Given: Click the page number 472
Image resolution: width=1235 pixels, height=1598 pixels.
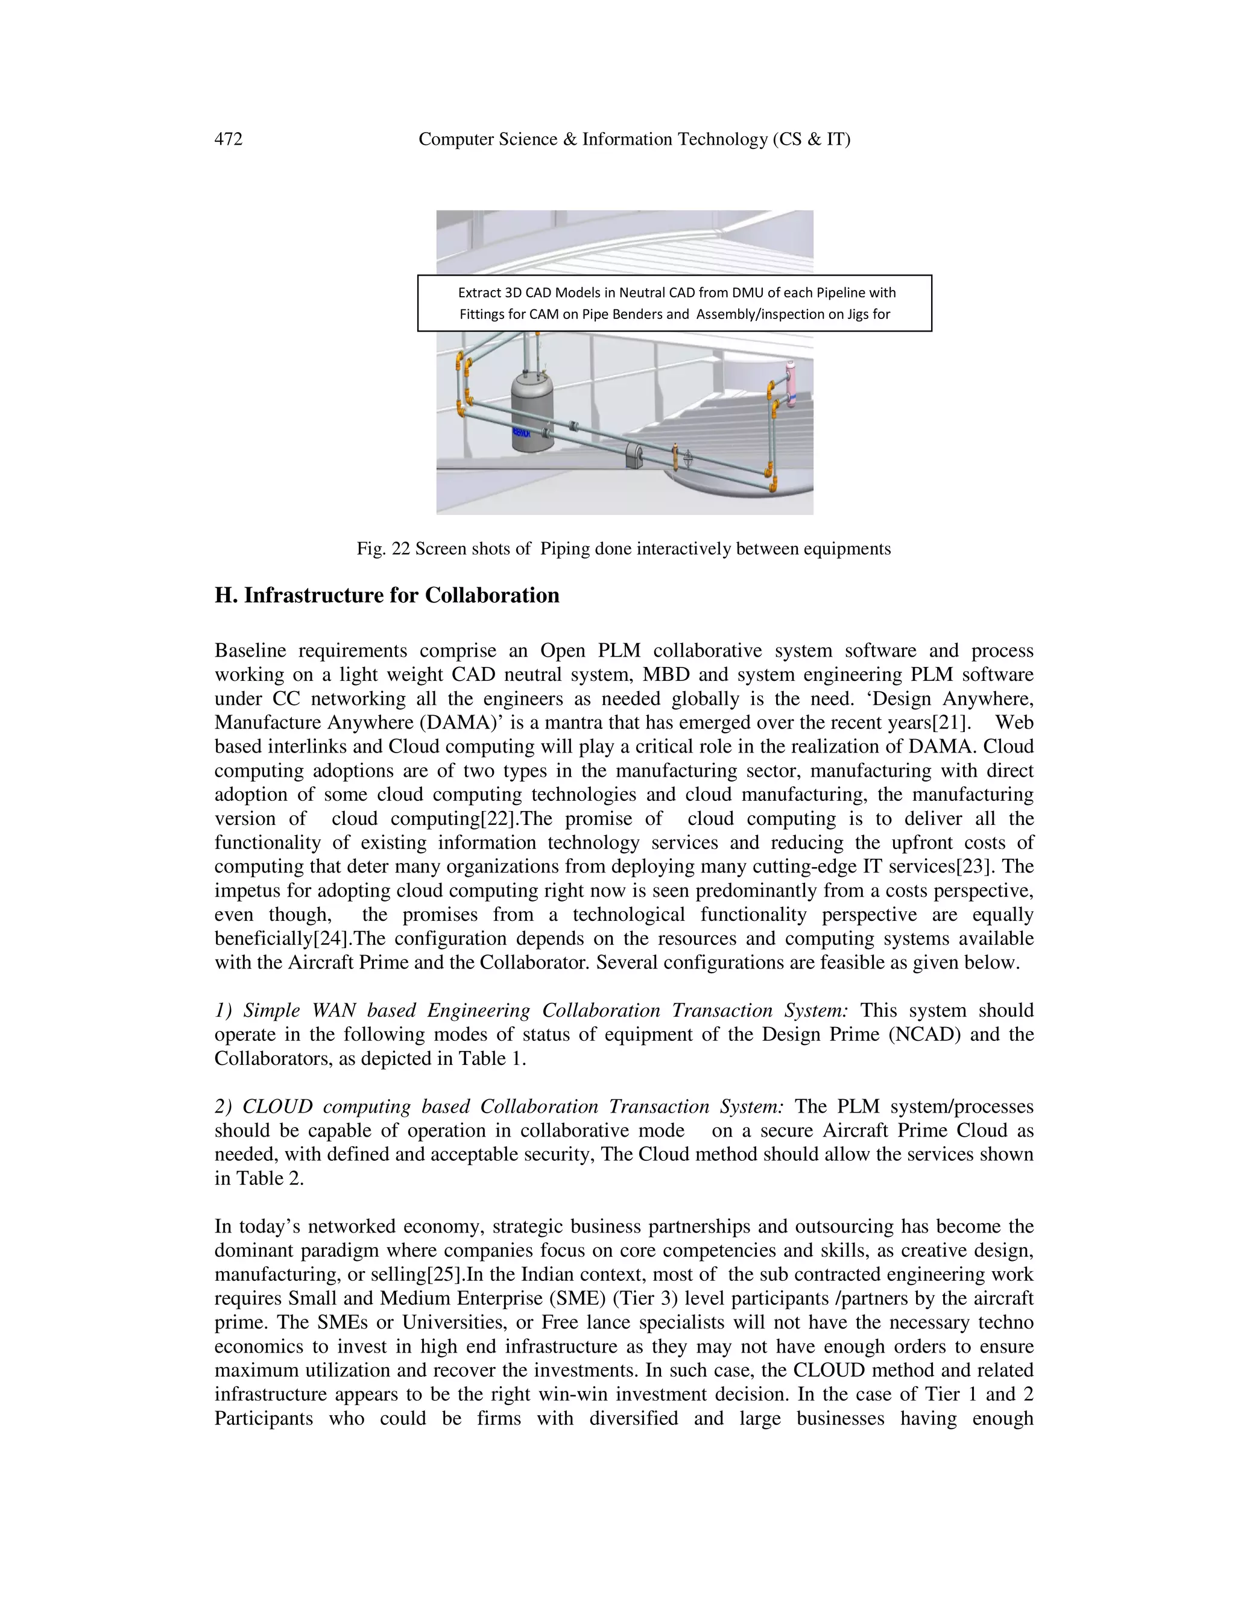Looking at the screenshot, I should [229, 139].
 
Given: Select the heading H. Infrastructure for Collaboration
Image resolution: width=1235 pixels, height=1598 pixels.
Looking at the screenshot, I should [387, 595].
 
